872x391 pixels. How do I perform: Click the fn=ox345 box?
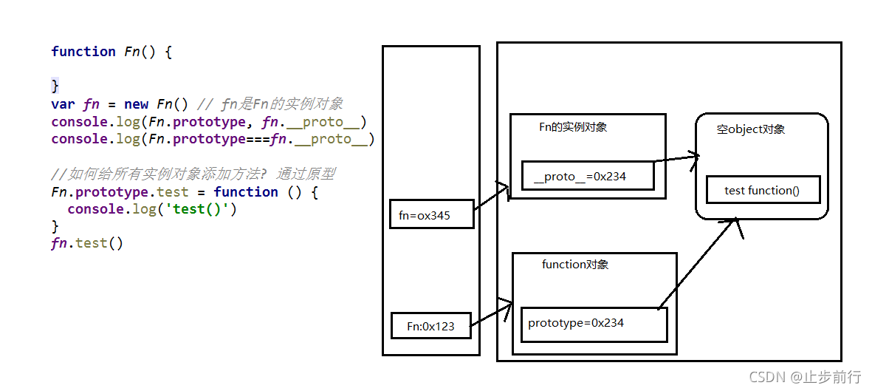pyautogui.click(x=431, y=214)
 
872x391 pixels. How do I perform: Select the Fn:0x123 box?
pyautogui.click(x=430, y=326)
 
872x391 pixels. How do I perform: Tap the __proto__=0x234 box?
pyautogui.click(x=588, y=176)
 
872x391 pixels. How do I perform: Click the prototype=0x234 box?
pyautogui.click(x=593, y=324)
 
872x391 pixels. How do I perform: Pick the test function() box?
pyautogui.click(x=762, y=190)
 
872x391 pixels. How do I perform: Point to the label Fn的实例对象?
pyautogui.click(x=573, y=127)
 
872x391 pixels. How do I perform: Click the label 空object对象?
pyautogui.click(x=750, y=129)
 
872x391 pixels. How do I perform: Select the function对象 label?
pyautogui.click(x=575, y=265)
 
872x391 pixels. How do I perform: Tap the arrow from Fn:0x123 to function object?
pyautogui.click(x=491, y=314)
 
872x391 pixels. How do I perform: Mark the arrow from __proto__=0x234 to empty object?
pyautogui.click(x=676, y=158)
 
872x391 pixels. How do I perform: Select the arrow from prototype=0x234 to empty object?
pyautogui.click(x=698, y=262)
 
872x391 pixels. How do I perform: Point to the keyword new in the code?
pyautogui.click(x=137, y=104)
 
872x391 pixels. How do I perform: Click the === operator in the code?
pyautogui.click(x=257, y=139)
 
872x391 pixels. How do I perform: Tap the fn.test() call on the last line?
pyautogui.click(x=87, y=243)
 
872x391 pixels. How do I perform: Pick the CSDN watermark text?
pyautogui.click(x=806, y=377)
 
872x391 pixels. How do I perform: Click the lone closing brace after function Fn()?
pyautogui.click(x=55, y=86)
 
